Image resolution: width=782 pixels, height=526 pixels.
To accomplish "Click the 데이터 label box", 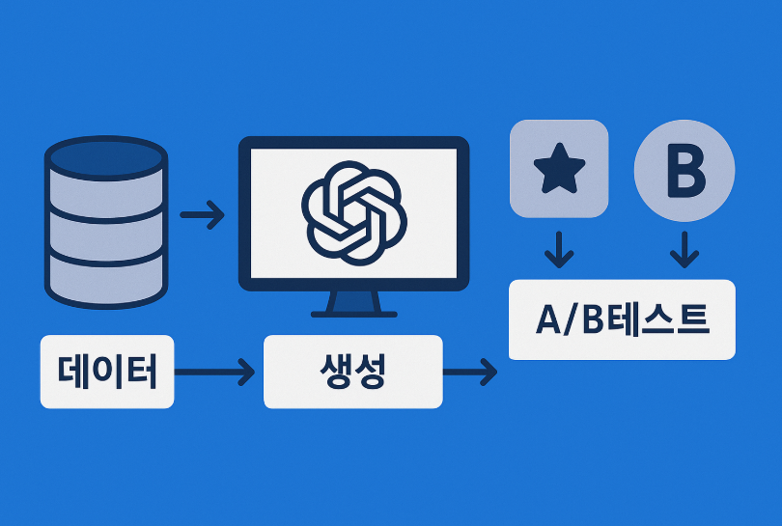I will (x=107, y=371).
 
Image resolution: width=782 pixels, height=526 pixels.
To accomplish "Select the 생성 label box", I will (x=352, y=372).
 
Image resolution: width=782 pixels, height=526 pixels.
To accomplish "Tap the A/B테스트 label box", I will (x=622, y=319).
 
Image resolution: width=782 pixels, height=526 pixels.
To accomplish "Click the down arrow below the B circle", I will (x=684, y=251).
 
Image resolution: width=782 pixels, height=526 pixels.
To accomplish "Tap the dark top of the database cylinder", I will (x=106, y=156).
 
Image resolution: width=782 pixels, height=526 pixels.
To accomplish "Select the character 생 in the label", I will (x=334, y=372).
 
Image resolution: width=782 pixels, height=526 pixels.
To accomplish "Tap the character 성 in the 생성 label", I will (x=371, y=372).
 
